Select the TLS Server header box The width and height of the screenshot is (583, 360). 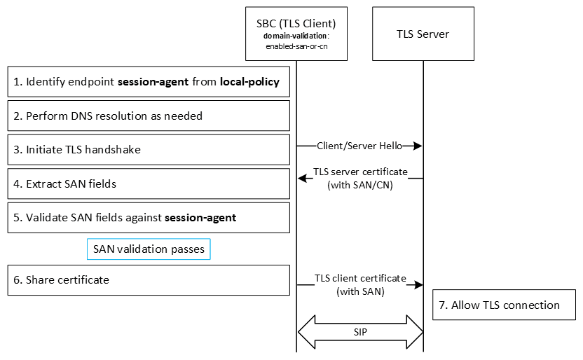[x=423, y=34]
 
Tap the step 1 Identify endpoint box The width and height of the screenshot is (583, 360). [x=149, y=82]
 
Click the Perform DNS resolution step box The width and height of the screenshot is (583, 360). [x=149, y=116]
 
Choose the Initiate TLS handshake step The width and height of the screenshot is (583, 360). [x=149, y=150]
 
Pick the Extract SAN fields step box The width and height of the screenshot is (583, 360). [x=149, y=184]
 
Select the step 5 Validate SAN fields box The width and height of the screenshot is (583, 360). [x=149, y=217]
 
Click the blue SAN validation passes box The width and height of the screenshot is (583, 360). [x=149, y=249]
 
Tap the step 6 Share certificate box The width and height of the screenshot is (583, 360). [x=149, y=280]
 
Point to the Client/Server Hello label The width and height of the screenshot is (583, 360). [x=359, y=146]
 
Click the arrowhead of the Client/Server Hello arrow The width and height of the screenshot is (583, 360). [x=418, y=146]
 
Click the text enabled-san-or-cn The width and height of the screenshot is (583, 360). [x=296, y=46]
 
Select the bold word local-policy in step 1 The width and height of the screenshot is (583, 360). [x=249, y=82]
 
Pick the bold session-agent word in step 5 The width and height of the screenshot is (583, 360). [x=200, y=217]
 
